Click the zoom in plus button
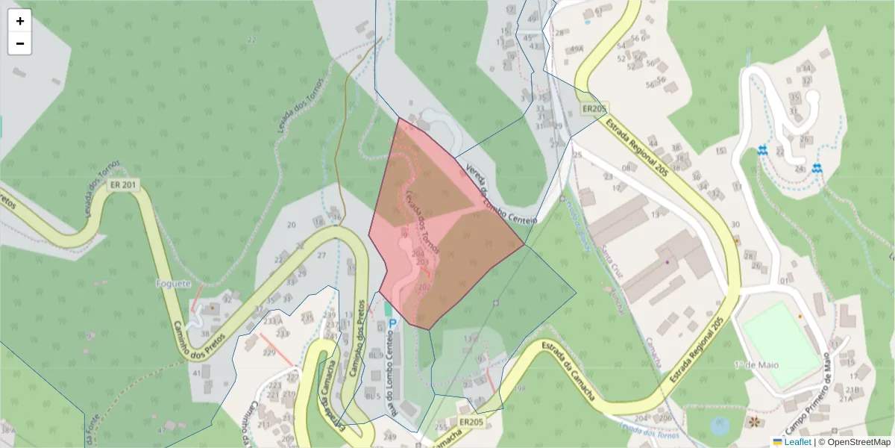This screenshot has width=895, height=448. (x=20, y=21)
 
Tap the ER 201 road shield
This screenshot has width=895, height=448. (x=123, y=185)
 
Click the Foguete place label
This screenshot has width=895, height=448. (x=173, y=284)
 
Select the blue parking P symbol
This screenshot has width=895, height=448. (x=392, y=323)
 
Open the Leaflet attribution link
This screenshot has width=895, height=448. (x=797, y=442)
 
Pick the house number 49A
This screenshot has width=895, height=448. (x=576, y=49)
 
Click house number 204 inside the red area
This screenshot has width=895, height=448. (x=418, y=254)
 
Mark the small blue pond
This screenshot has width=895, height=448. (x=720, y=427)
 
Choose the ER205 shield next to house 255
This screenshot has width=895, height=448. (x=471, y=422)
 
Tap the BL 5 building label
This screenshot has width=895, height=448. (x=374, y=396)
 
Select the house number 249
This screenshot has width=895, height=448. (x=389, y=436)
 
